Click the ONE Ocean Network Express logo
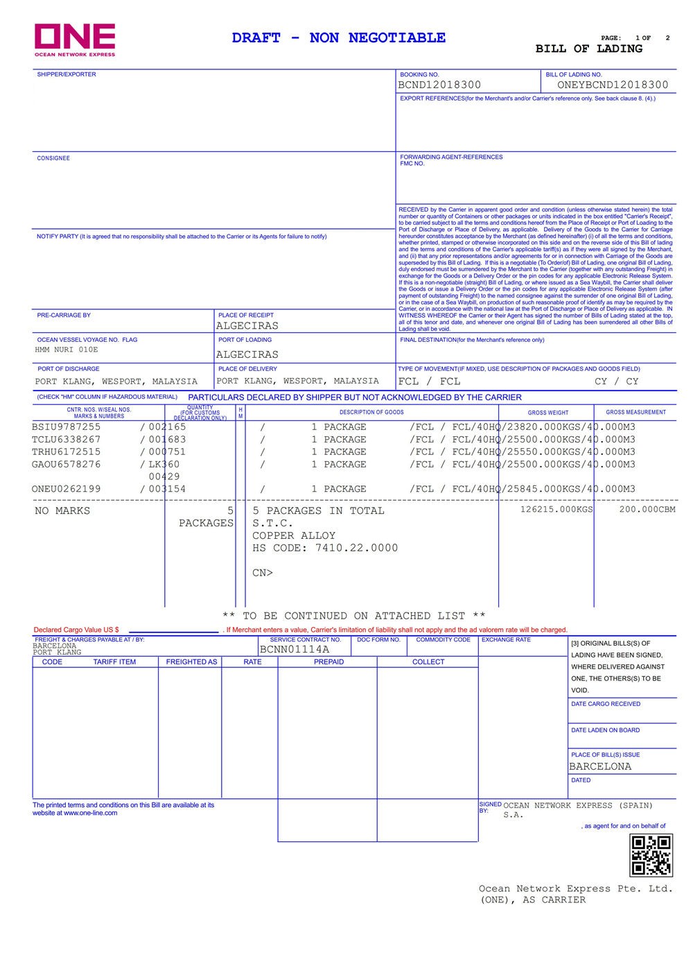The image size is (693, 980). (x=75, y=40)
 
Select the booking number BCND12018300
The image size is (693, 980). (x=439, y=85)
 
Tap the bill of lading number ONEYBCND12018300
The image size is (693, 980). (x=613, y=85)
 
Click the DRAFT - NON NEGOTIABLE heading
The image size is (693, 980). (x=339, y=37)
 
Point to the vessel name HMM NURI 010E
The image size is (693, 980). (x=67, y=350)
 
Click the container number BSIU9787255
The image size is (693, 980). (x=67, y=427)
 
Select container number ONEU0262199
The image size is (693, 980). (x=67, y=489)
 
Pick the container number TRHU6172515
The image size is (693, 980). (x=67, y=452)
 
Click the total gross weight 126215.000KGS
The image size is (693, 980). (x=556, y=510)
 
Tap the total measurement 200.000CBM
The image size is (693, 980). (x=647, y=510)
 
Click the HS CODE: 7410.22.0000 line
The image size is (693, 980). (x=325, y=548)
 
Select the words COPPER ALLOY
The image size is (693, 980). (x=294, y=535)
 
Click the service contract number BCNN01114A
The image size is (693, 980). (x=295, y=649)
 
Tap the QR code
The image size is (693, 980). (x=651, y=855)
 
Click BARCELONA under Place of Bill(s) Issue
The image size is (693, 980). (x=600, y=766)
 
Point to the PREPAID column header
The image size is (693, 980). (x=328, y=662)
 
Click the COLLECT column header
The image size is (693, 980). (x=428, y=662)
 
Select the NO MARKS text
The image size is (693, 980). (x=62, y=510)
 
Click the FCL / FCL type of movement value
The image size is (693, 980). (x=429, y=381)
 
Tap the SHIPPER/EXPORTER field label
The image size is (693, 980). (x=67, y=74)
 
